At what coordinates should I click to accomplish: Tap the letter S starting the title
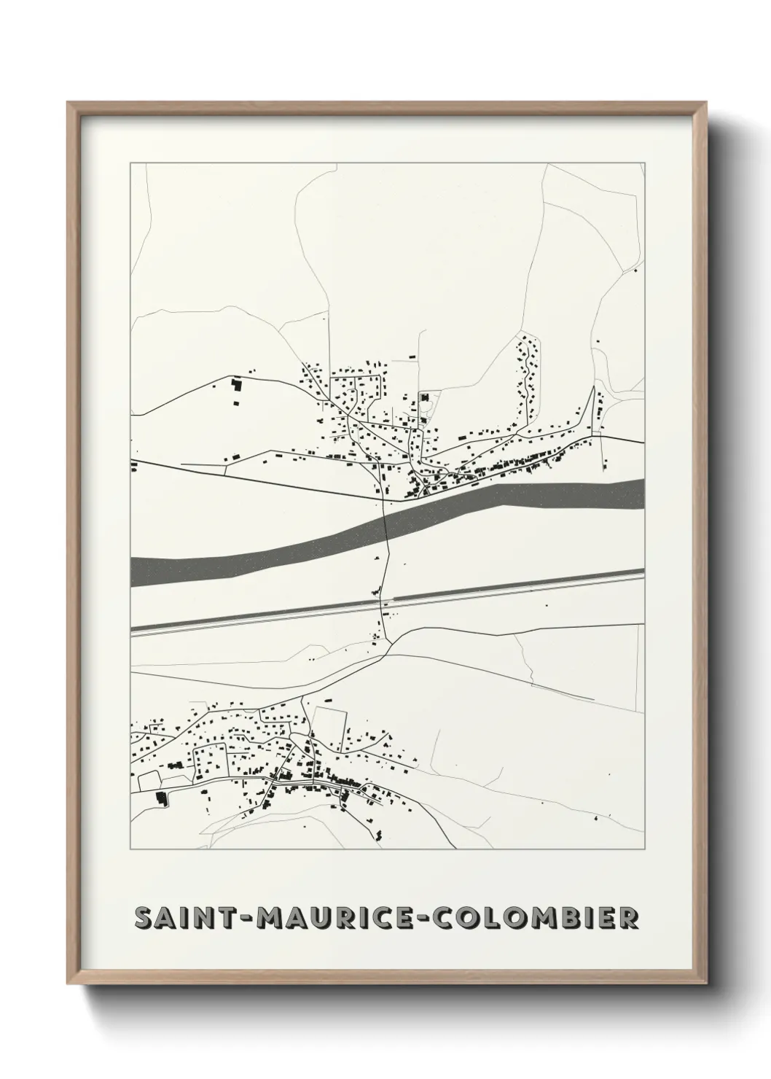coord(144,918)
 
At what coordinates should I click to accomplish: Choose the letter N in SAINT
coord(204,918)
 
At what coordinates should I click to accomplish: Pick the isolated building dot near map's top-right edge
coord(635,270)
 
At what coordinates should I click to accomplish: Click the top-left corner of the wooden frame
coord(69,103)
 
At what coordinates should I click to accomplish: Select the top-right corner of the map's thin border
coord(645,163)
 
